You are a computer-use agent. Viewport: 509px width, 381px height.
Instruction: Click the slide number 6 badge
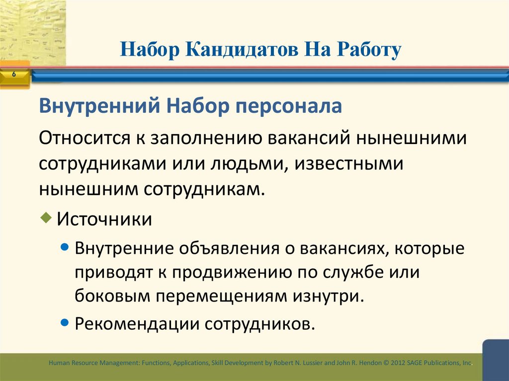[x=13, y=74]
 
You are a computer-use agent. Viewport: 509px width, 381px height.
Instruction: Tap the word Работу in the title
[x=369, y=50]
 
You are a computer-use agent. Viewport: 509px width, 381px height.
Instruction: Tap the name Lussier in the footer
[x=312, y=363]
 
